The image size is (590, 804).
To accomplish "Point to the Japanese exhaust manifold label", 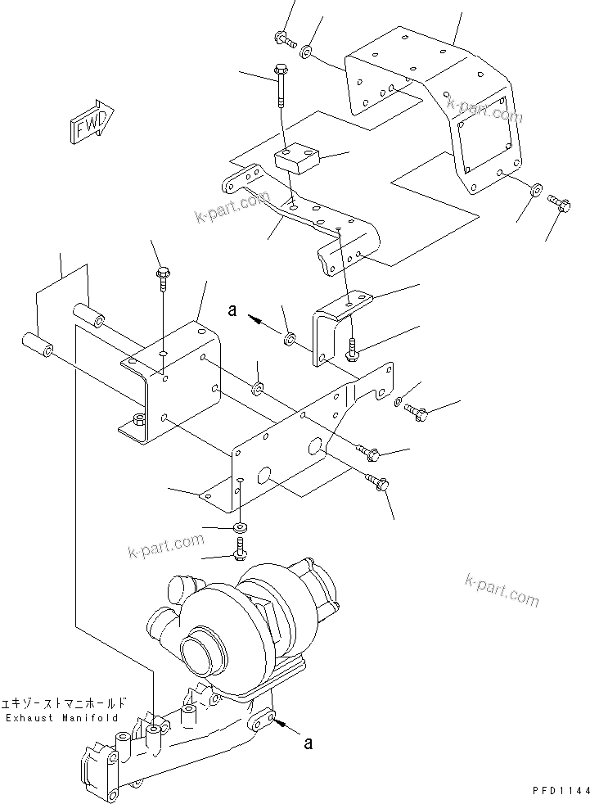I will point(65,702).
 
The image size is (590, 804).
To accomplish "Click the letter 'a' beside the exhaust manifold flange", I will point(308,744).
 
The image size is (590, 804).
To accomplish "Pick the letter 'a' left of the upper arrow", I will point(232,310).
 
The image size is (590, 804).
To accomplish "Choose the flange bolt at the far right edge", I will point(561,203).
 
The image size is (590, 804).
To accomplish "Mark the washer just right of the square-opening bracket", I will point(534,190).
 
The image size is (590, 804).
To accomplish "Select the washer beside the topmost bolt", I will point(305,52).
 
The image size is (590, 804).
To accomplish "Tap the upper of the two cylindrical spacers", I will point(90,315).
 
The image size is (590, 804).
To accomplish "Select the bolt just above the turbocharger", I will point(240,549).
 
